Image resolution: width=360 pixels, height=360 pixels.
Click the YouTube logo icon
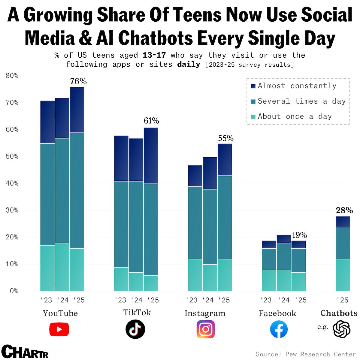point(59,329)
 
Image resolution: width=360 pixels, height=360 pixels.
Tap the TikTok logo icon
point(135,329)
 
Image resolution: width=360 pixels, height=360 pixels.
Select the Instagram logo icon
point(206,329)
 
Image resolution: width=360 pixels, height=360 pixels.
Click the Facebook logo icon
point(279,329)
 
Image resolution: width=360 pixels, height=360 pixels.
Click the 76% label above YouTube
point(78,81)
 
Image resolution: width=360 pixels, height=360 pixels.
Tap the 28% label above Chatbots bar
point(344,210)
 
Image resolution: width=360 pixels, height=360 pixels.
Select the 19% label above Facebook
point(299,235)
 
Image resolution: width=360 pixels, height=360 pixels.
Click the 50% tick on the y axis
point(12,157)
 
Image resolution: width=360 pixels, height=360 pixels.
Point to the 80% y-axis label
point(12,76)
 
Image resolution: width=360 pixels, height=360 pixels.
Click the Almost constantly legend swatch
point(253,86)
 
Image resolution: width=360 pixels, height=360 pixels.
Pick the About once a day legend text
point(295,116)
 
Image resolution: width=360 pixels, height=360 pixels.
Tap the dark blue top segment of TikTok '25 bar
point(151,156)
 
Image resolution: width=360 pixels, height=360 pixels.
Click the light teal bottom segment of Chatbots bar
point(343,275)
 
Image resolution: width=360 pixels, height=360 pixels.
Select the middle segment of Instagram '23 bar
point(195,222)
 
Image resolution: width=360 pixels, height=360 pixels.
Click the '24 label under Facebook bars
point(283,300)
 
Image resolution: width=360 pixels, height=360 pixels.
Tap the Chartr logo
point(25,352)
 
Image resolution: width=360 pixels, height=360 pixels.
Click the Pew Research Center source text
point(320,354)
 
